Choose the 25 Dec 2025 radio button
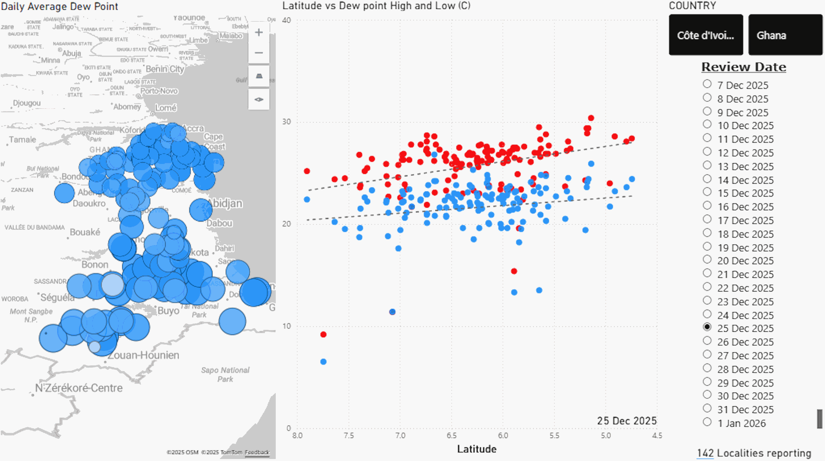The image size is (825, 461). coord(707,327)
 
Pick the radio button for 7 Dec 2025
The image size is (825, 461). coord(707,84)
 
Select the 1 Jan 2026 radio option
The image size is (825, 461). coord(707,422)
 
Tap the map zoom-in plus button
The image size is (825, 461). coord(259,32)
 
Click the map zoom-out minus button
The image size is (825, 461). coord(259,53)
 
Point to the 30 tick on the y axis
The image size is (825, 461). coord(286,122)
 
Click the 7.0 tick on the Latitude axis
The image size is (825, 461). coord(400,436)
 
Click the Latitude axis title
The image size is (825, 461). coord(477,449)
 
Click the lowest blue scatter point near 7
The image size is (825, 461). coord(323,362)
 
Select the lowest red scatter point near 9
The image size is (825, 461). coord(323,334)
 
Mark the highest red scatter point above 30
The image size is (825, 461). coord(591,118)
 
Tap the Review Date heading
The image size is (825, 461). coord(744,67)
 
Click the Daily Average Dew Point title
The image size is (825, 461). coord(60,6)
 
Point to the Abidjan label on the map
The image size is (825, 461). coord(226,203)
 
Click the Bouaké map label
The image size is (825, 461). coord(85,232)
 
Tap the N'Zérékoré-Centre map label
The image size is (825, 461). coord(79,388)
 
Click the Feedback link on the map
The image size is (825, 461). coord(257,452)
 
